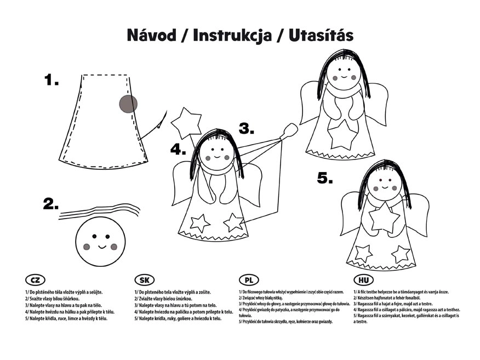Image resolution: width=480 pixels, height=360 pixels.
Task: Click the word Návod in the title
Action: (152, 35)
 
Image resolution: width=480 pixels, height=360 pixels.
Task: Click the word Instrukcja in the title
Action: (232, 36)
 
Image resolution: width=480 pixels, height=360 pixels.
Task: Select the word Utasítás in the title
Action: (321, 35)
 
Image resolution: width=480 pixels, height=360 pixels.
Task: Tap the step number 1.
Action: (51, 80)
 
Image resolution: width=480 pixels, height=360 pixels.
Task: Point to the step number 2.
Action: (50, 204)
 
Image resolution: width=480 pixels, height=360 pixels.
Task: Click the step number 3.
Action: (247, 129)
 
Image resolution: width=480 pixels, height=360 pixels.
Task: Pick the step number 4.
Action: (178, 150)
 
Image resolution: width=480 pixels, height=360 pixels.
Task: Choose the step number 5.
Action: (325, 178)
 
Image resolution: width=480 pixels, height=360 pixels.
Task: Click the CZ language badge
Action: (35, 280)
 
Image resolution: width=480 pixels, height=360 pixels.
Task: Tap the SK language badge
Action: (145, 280)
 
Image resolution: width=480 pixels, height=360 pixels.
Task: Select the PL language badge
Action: (249, 280)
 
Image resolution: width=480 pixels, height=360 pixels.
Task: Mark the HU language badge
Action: (363, 280)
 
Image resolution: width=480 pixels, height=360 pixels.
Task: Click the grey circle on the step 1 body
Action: (128, 104)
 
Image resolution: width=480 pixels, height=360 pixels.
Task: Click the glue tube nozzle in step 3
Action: (290, 131)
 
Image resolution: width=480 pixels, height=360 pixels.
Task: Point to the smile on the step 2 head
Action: (102, 247)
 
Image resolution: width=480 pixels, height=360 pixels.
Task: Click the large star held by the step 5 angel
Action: (384, 218)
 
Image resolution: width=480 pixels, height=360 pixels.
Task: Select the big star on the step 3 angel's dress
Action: (342, 135)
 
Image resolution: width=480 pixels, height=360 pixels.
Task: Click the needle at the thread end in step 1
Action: (159, 124)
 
